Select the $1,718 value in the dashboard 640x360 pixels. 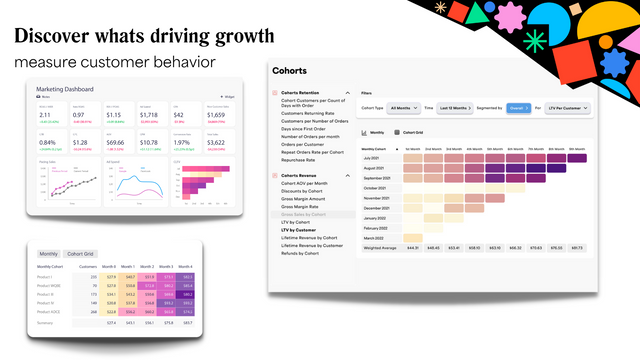point(149,115)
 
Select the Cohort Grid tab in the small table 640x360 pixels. point(82,253)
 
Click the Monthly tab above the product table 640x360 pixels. point(48,253)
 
